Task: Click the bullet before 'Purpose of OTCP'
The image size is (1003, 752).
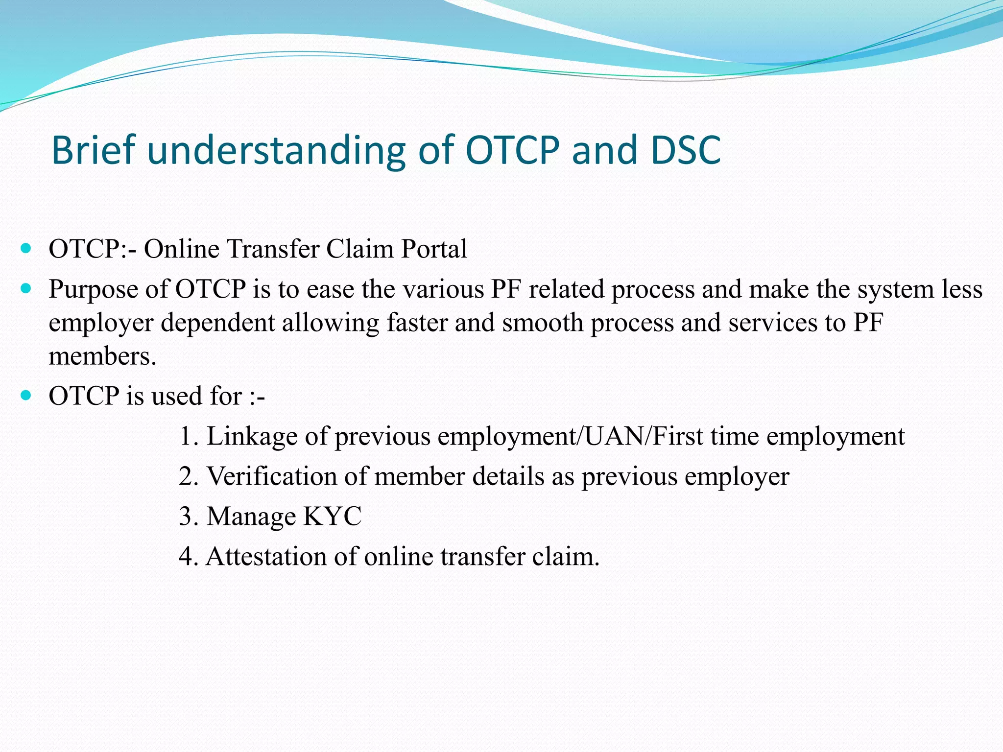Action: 26,288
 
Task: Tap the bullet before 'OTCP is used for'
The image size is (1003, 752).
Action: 26,395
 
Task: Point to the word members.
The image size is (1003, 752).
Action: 102,356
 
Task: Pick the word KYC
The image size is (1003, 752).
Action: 333,516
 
